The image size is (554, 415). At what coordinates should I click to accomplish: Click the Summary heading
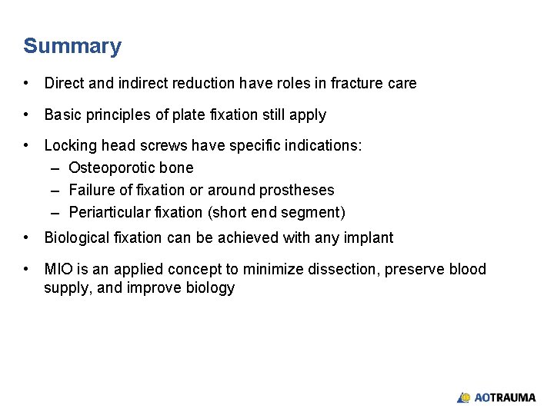click(72, 46)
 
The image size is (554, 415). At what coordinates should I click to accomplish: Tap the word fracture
click(360, 83)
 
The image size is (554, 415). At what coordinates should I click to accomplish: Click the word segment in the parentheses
click(314, 212)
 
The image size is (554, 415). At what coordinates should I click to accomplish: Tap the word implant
click(369, 237)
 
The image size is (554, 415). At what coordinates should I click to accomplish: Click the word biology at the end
click(208, 288)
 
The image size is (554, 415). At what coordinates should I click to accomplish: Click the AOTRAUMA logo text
click(505, 397)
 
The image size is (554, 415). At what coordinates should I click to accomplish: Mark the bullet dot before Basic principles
click(27, 115)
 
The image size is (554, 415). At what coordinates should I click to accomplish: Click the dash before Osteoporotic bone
click(56, 168)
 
